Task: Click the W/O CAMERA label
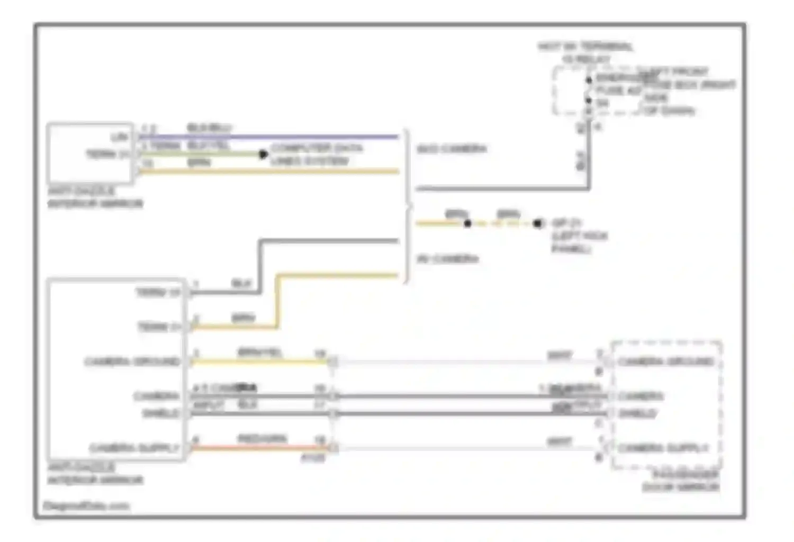451,149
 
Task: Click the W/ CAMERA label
447,259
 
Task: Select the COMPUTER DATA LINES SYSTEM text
316,154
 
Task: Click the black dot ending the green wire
263,154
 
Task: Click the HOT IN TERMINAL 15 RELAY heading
585,52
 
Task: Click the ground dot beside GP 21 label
538,223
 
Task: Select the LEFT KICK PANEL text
579,242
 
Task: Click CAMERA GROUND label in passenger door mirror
666,362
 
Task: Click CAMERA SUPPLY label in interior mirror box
134,448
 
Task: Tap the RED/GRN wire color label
262,438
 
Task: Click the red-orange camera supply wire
259,448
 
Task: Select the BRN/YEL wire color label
259,352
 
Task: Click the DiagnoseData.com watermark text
86,505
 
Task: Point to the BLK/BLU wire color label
210,128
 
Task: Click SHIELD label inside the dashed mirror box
637,413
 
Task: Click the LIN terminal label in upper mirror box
120,137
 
